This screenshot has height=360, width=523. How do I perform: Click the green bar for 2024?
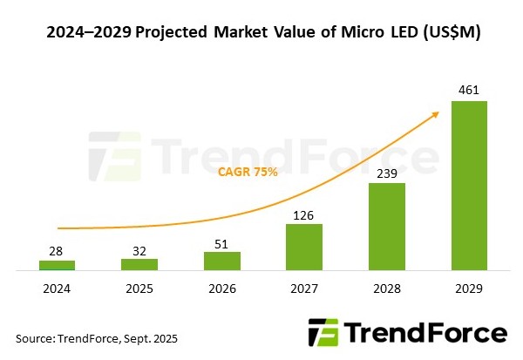click(x=57, y=264)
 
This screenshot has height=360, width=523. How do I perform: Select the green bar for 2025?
click(x=139, y=263)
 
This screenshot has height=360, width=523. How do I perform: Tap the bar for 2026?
click(x=221, y=260)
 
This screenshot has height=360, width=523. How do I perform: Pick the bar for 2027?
click(x=304, y=246)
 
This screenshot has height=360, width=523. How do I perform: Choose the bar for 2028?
click(x=386, y=226)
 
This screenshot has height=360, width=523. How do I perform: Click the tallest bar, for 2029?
click(x=468, y=185)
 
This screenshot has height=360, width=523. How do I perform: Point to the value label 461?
click(x=468, y=89)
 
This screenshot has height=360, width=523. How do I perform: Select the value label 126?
click(x=304, y=213)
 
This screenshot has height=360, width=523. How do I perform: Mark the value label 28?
click(x=57, y=249)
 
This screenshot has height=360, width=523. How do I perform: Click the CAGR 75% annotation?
click(x=248, y=172)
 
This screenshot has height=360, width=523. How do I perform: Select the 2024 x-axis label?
click(x=57, y=286)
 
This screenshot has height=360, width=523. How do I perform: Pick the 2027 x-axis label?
click(x=304, y=286)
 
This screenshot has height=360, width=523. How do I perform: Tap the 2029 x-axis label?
click(x=468, y=286)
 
